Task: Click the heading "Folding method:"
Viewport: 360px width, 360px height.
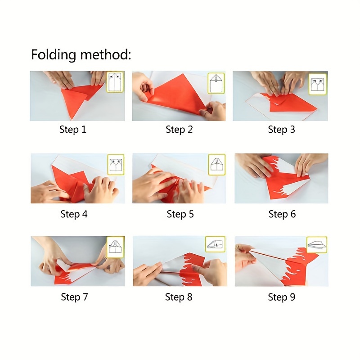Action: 81,55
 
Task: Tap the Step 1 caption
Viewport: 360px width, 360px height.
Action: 73,130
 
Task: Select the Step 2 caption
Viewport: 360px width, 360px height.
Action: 179,130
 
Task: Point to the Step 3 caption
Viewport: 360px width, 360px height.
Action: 282,130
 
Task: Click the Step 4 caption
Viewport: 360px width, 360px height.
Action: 74,214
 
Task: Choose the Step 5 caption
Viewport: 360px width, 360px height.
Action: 180,214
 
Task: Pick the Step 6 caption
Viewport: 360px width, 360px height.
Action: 282,214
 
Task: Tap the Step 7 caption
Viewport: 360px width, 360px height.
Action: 74,297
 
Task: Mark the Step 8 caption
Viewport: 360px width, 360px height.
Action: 179,297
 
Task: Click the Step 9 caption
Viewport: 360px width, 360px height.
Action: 282,297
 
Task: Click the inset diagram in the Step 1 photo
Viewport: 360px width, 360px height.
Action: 115,82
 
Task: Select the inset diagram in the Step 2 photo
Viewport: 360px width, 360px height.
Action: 216,83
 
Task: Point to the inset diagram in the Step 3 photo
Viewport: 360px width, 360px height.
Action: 318,84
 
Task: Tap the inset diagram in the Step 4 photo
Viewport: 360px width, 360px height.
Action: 116,165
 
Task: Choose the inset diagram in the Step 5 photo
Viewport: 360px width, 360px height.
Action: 217,165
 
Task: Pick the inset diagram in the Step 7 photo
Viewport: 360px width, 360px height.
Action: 116,247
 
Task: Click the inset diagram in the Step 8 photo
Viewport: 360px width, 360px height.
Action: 215,244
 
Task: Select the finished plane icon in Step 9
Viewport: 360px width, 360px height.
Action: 317,245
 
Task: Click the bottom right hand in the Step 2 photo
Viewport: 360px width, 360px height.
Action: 213,111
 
